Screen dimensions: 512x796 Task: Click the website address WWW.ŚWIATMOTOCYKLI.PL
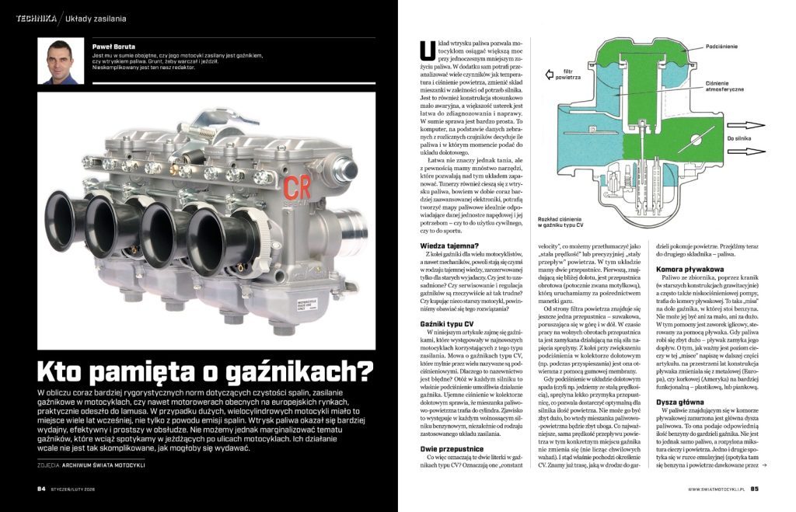[x=716, y=489]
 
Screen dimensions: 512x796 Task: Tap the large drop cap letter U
[x=424, y=50]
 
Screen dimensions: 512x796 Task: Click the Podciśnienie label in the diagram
[x=725, y=47]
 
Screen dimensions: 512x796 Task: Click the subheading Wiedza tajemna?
[x=442, y=246]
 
